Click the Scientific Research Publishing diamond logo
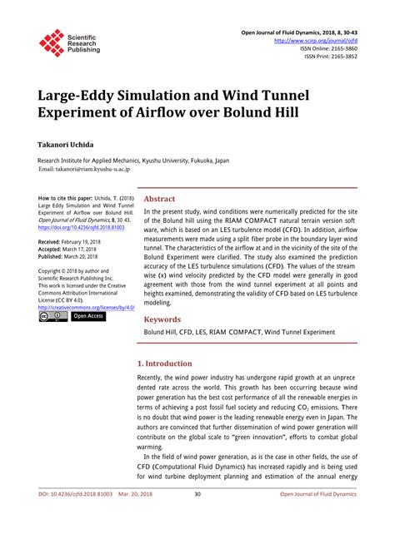point(52,42)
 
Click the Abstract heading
point(159,200)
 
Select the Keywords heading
point(162,319)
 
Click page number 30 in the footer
point(197,517)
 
